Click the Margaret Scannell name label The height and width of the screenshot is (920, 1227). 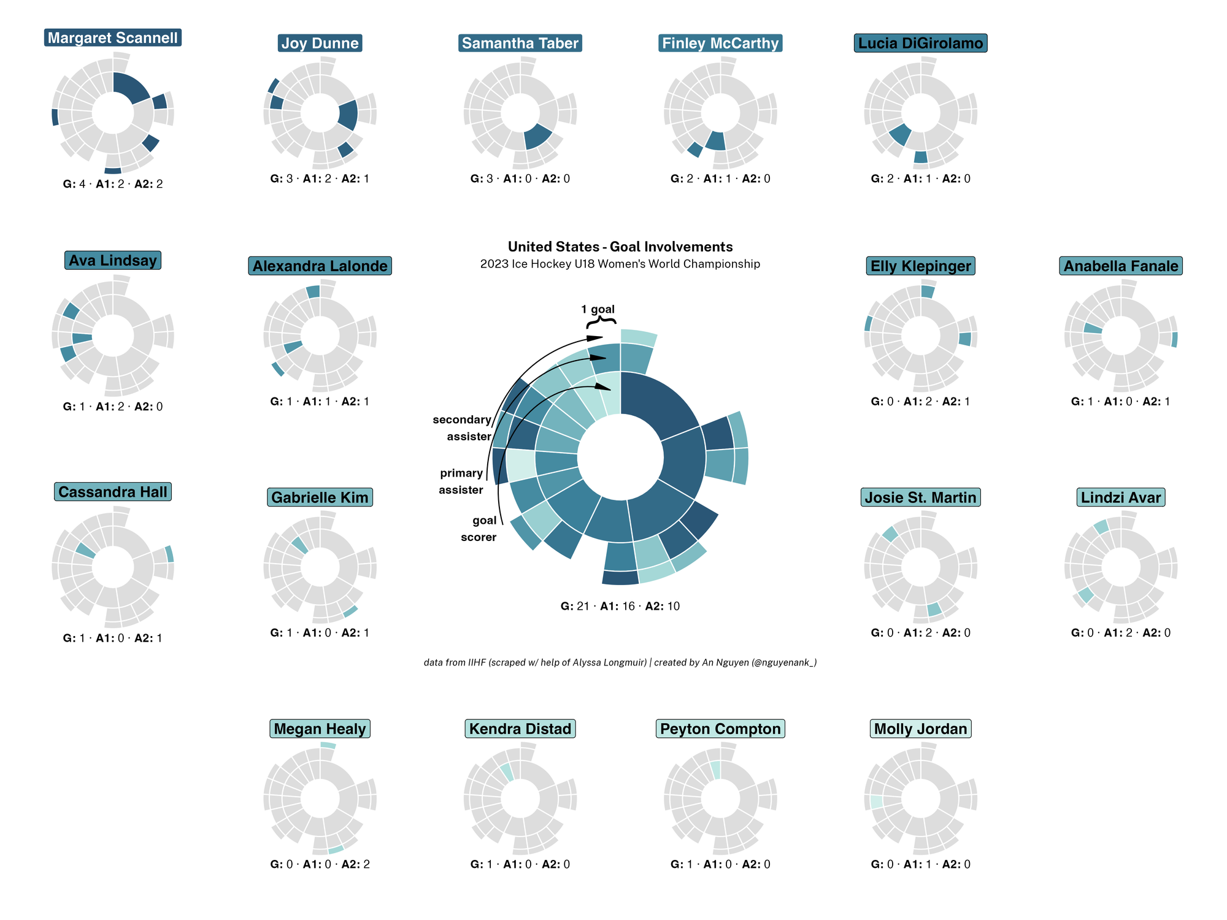click(113, 37)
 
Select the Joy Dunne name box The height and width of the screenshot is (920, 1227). click(320, 43)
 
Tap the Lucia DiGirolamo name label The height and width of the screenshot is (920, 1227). click(920, 43)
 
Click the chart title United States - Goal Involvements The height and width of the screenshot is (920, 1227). click(620, 247)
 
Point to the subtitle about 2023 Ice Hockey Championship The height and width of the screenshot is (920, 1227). click(620, 264)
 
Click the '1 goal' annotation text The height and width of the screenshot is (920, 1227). click(598, 309)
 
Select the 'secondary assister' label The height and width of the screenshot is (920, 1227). click(463, 428)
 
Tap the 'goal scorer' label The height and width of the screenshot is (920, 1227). click(479, 529)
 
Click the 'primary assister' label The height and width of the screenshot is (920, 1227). click(461, 481)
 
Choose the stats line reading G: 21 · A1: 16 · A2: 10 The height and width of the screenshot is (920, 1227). click(620, 606)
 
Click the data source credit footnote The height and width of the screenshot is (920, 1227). click(620, 662)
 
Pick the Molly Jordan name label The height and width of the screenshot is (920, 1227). click(920, 729)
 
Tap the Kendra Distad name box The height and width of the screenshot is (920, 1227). click(520, 729)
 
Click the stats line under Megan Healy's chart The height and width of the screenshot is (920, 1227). click(320, 864)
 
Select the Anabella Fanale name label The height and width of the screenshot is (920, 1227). click(1120, 266)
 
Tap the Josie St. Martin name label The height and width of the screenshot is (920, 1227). click(920, 497)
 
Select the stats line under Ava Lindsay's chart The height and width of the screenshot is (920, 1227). click(113, 406)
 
